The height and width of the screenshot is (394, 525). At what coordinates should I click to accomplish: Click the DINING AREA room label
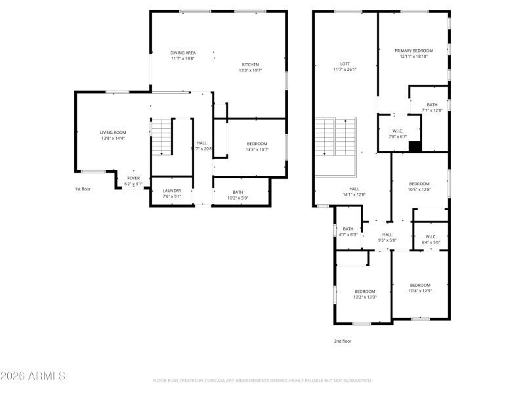(x=183, y=53)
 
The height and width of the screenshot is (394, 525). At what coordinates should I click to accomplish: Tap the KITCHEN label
(x=250, y=64)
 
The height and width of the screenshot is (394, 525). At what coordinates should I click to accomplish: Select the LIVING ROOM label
(x=113, y=133)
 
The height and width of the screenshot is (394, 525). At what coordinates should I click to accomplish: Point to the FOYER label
(x=133, y=178)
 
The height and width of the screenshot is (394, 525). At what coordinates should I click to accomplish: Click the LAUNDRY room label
(x=172, y=190)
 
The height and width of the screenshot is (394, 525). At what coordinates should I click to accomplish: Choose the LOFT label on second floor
(x=345, y=64)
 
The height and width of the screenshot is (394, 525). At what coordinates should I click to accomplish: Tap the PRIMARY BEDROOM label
(x=413, y=51)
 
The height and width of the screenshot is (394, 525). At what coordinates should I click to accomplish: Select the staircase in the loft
(x=334, y=136)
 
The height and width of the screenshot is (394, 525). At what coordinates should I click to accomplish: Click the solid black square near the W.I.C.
(x=414, y=146)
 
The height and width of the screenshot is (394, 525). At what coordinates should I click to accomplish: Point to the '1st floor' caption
(x=82, y=189)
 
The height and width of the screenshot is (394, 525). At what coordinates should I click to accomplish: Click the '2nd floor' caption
(x=343, y=341)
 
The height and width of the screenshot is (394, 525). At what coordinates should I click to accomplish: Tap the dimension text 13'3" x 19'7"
(x=250, y=70)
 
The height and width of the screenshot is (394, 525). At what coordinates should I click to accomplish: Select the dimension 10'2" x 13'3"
(x=365, y=297)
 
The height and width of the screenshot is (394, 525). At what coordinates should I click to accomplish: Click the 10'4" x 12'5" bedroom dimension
(x=420, y=290)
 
